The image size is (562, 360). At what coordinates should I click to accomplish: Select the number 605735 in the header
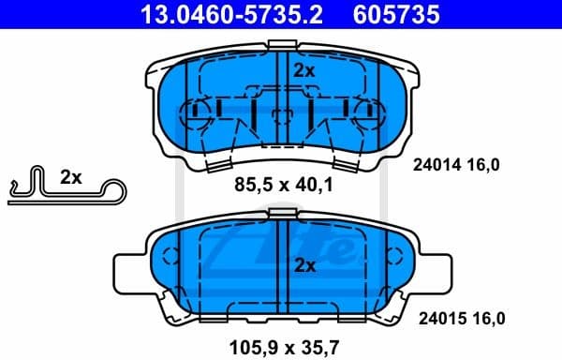tap(396, 14)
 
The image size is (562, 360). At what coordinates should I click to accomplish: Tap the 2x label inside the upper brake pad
tap(304, 70)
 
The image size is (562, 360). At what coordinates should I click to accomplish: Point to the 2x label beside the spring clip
tap(72, 177)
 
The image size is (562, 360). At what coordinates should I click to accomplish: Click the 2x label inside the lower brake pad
tap(304, 265)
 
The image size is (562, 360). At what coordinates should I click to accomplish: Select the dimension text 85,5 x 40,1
tap(282, 187)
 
